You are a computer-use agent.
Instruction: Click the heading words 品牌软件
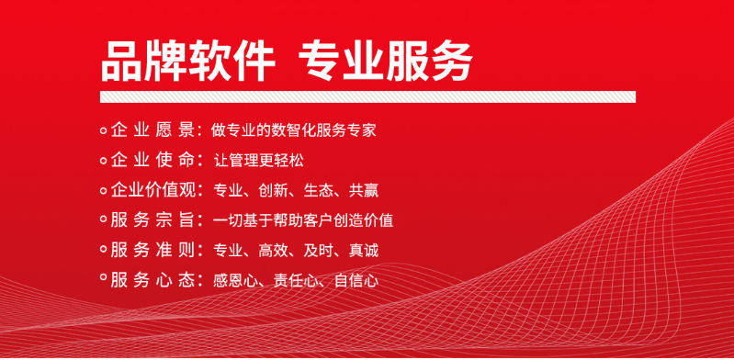188,62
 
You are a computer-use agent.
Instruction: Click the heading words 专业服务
385,62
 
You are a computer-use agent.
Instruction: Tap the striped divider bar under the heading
367,96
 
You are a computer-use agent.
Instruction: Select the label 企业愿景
152,130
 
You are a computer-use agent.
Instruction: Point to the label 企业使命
152,161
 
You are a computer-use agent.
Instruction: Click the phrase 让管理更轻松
258,161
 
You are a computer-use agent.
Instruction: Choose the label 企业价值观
152,191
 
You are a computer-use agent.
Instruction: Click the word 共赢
363,191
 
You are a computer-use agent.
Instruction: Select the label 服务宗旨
152,220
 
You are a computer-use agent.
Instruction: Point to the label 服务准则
152,250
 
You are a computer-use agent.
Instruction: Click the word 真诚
363,250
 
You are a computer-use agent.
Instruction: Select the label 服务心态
152,280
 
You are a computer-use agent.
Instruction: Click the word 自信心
356,280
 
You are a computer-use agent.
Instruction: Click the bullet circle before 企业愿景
103,131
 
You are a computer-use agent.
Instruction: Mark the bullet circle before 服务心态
103,280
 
